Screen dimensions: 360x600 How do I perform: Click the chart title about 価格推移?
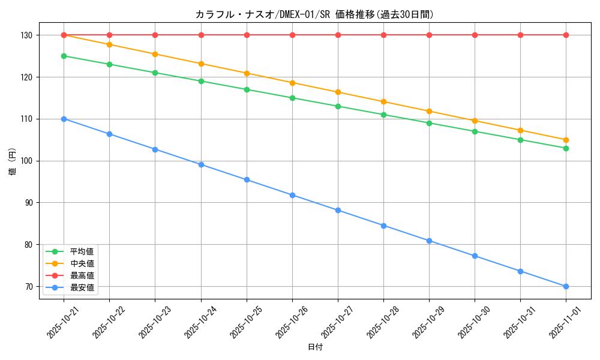point(314,14)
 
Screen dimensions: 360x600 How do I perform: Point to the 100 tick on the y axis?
point(27,161)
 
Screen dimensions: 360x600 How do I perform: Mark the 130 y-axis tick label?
point(27,35)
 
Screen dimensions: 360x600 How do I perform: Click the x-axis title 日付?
point(314,347)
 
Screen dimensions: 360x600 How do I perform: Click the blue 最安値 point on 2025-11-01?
point(566,286)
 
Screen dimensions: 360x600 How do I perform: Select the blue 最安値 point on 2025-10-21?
point(64,119)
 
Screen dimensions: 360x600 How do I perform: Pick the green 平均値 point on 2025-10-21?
point(64,56)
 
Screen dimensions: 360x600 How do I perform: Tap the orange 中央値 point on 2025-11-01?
point(566,140)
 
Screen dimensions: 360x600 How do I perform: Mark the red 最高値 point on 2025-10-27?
point(338,35)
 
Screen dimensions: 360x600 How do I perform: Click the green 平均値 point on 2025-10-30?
point(475,131)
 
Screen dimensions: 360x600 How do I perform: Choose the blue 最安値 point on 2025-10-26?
point(292,195)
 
